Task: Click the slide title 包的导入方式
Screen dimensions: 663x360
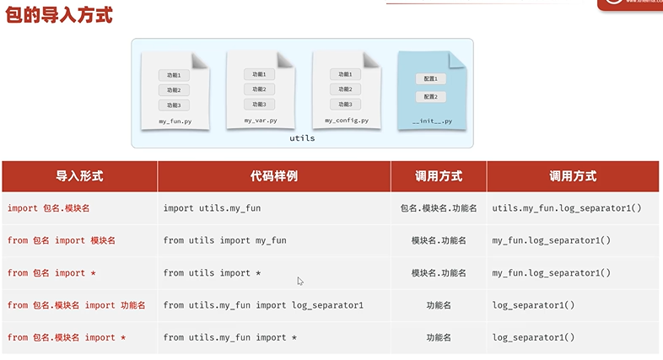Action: coord(59,16)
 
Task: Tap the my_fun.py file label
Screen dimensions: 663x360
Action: coord(175,122)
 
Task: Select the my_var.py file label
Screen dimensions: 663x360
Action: coord(260,121)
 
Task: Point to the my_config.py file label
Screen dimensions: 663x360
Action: coord(345,121)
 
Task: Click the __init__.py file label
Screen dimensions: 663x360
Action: coord(432,121)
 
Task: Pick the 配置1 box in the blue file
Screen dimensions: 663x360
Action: coord(430,78)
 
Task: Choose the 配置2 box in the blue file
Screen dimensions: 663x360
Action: coord(430,97)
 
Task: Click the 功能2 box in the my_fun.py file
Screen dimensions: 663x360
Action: coord(174,89)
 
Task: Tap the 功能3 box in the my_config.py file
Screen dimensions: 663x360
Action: coord(344,104)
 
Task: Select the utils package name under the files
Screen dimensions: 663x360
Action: coord(302,137)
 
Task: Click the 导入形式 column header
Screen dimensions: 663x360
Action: coord(79,176)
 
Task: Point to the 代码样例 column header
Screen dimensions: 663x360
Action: coord(273,176)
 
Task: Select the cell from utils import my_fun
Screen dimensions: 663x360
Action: coord(224,240)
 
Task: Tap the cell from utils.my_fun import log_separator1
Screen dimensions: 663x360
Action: coord(263,305)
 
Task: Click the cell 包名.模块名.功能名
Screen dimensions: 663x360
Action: coord(439,207)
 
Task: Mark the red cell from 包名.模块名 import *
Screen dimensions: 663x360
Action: coord(67,338)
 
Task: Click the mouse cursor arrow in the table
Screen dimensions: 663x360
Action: coord(300,281)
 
